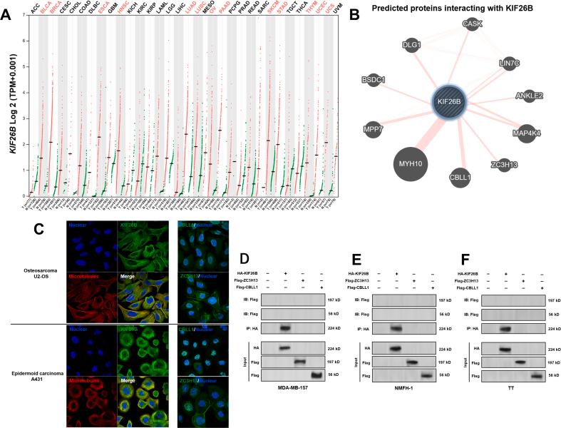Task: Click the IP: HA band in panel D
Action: click(x=287, y=308)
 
